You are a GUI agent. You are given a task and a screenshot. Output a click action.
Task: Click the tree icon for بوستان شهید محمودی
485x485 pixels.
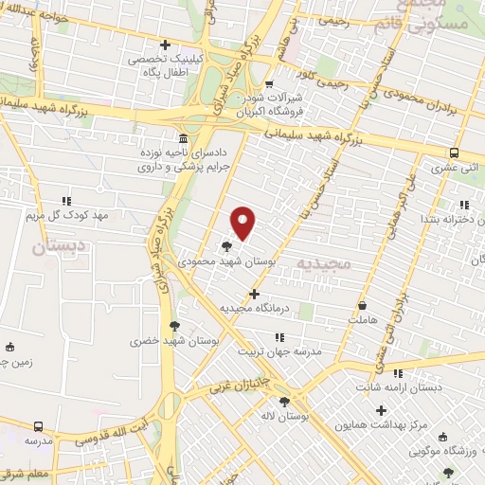[x=227, y=245]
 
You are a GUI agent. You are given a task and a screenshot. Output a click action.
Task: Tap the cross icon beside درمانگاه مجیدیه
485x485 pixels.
[x=254, y=294]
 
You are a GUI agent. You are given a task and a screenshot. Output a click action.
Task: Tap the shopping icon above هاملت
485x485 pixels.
[x=364, y=306]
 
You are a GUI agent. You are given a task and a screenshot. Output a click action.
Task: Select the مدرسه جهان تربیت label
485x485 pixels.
[x=284, y=350]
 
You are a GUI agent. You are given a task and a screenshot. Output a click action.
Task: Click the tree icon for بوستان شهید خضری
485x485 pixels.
[x=174, y=326]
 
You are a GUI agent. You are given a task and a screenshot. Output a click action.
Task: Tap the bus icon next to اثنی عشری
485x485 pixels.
[x=454, y=153]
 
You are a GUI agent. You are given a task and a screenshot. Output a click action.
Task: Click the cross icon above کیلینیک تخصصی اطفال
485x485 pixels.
[x=166, y=44]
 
